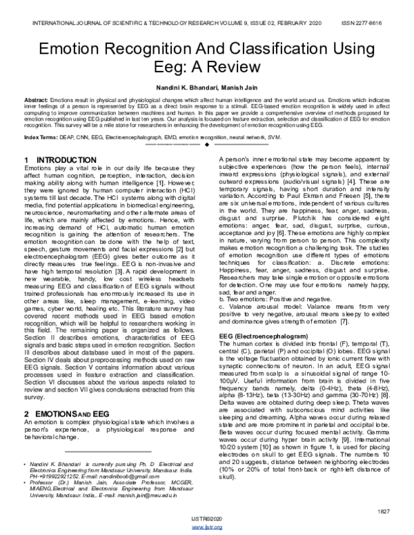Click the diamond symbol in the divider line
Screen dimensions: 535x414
pyautogui.click(x=206, y=145)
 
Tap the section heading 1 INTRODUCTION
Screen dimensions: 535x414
pyautogui.click(x=55, y=160)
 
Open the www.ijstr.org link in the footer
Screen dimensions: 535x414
pyautogui.click(x=206, y=527)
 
